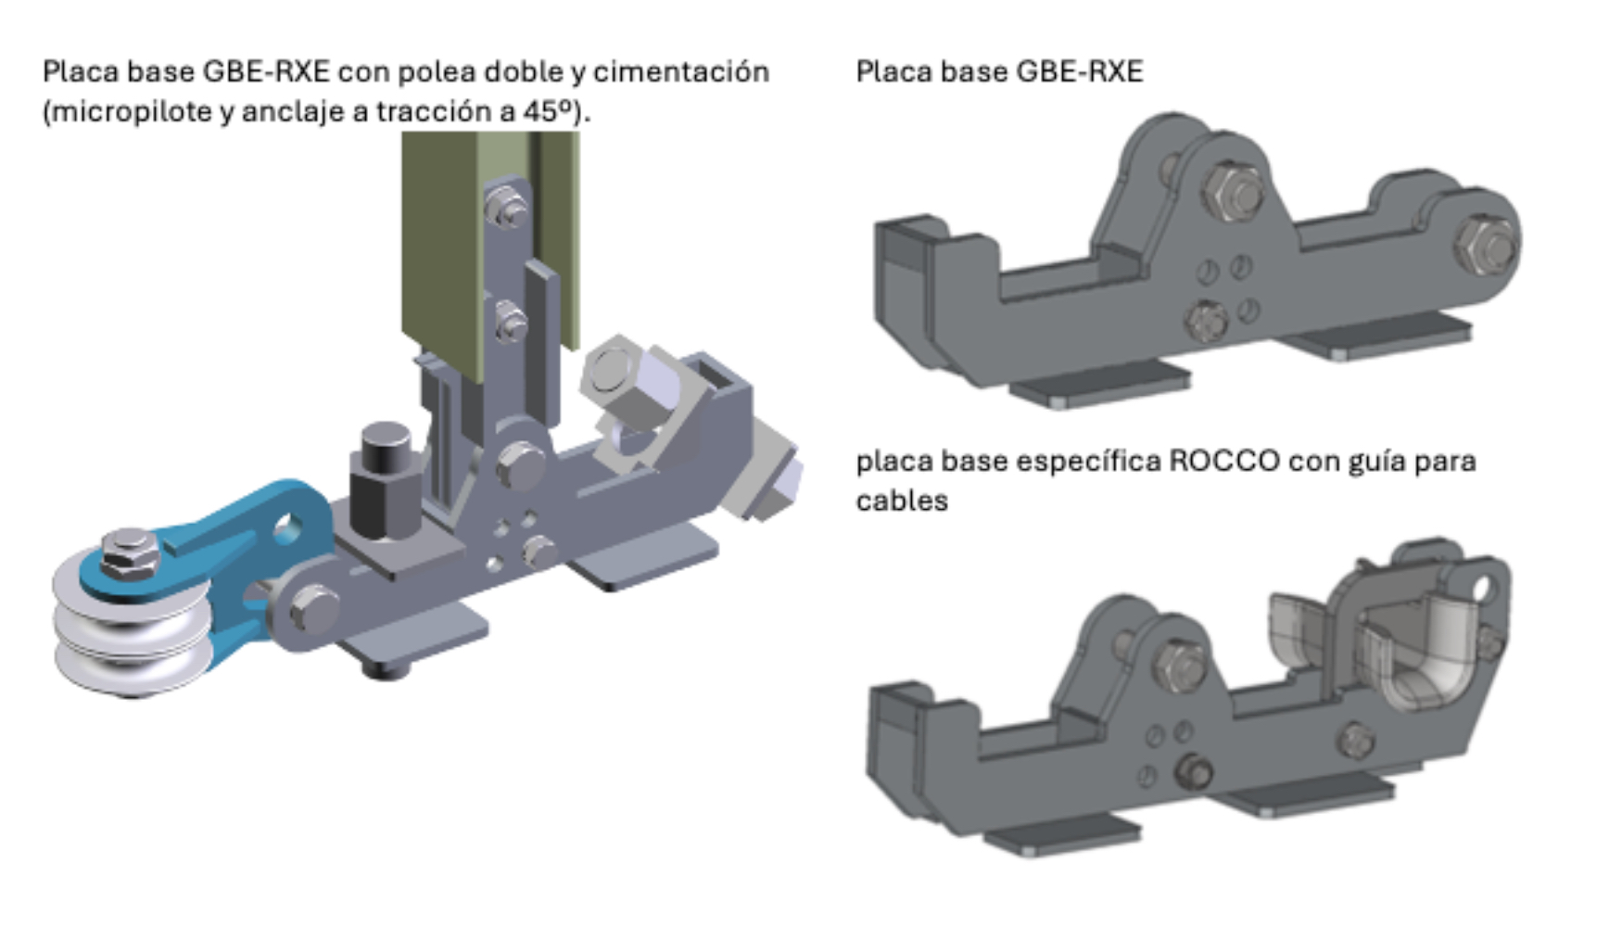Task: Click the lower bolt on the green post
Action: [x=510, y=324]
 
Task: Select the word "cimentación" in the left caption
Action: [x=681, y=71]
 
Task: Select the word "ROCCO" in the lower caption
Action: [x=1223, y=461]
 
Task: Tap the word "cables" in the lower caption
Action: [x=902, y=501]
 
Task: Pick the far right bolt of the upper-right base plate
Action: [x=1487, y=243]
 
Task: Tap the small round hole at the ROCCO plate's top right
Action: [x=1481, y=588]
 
